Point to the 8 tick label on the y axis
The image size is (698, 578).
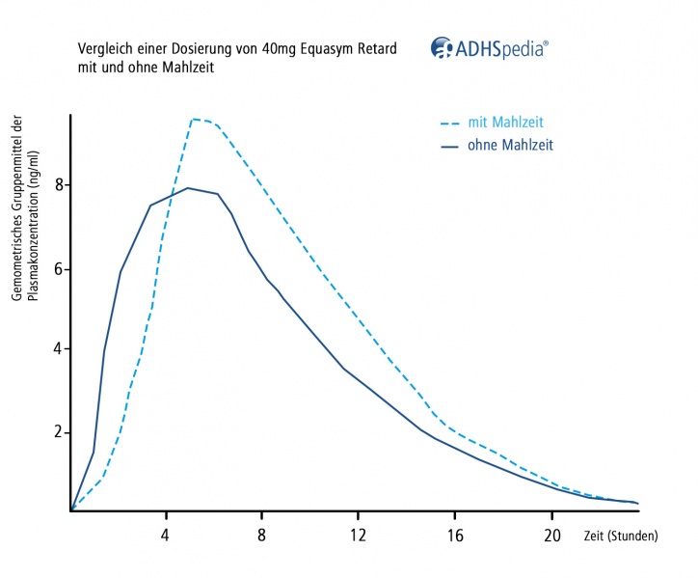[58, 184]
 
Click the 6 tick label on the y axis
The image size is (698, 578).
[58, 268]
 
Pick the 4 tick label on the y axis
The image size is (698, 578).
[58, 348]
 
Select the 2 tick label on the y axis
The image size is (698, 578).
[58, 431]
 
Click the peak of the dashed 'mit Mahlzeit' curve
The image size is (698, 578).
[195, 119]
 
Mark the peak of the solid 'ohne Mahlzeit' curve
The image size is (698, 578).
[188, 188]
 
